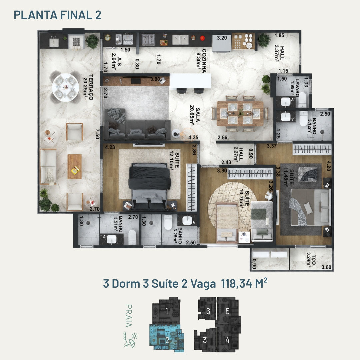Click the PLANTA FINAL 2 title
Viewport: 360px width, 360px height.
point(57,15)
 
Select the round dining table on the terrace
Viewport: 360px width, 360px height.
point(65,87)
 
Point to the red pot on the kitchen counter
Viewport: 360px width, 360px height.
point(202,38)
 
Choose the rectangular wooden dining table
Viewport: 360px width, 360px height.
point(240,114)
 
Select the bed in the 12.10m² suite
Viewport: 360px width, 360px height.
point(149,186)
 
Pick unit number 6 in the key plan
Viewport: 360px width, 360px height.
point(208,311)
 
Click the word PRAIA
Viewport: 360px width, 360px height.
point(129,315)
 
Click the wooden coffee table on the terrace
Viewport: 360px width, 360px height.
point(74,166)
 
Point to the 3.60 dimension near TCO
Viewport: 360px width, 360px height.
point(326,267)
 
